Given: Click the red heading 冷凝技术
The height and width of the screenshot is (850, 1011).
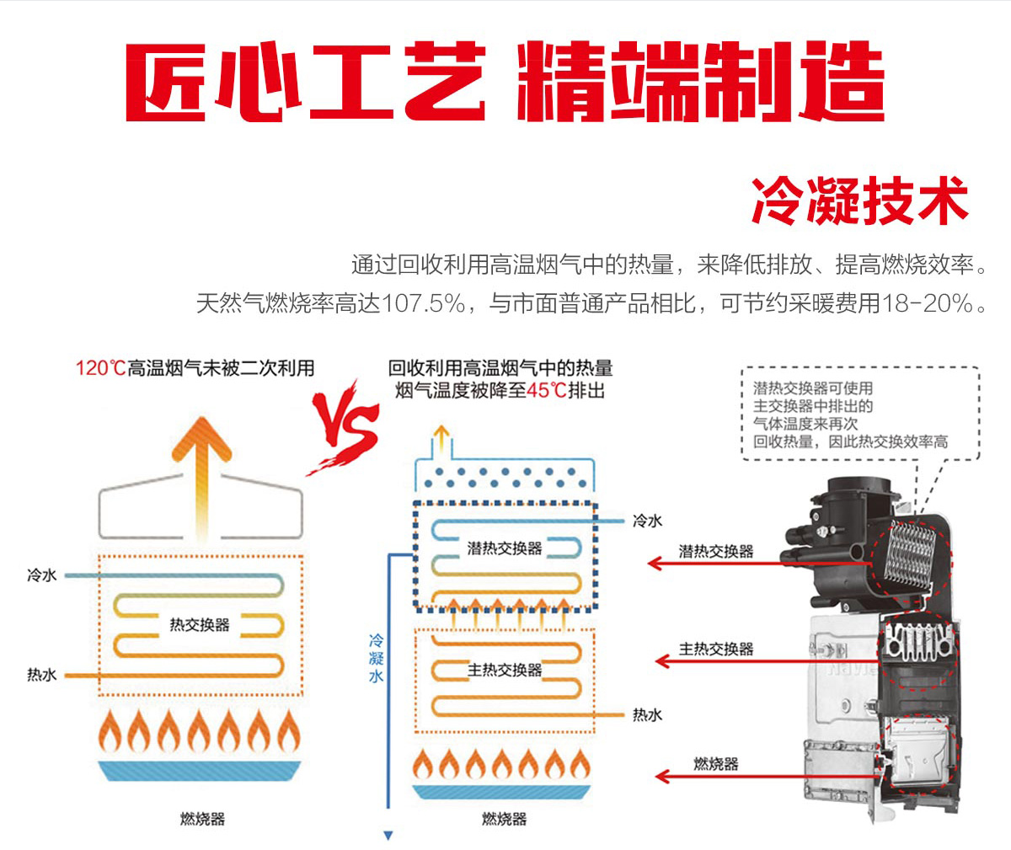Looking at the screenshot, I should coord(859,200).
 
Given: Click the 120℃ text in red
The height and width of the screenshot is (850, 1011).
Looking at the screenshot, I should coord(99,368).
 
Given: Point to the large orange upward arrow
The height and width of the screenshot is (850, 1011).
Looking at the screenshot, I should coord(201,472).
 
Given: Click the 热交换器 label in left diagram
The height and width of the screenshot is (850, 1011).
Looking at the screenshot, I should coord(200,625).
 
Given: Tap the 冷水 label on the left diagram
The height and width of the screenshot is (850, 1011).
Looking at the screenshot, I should coord(42,575).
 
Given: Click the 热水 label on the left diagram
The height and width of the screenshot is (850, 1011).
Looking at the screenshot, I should coord(42,675).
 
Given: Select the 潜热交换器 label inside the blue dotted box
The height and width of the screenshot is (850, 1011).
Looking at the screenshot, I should coord(504,548).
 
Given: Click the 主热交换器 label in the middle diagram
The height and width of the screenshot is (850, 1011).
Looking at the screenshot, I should coord(504,670).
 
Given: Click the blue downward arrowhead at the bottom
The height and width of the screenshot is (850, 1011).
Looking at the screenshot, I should coord(388,836).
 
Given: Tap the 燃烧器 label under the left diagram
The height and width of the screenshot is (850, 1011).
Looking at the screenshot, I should coord(202,819).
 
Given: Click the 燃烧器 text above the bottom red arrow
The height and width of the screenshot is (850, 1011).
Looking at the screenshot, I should coord(716,763).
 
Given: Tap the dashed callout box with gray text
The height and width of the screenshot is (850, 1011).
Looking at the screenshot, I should coord(859,414).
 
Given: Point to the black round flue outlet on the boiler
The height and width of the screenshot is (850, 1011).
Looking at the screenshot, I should coord(859,497).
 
